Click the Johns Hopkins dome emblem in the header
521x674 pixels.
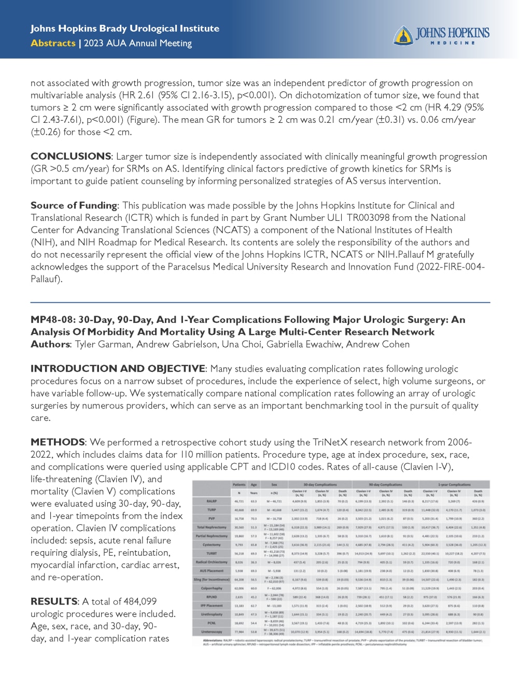click(403, 35)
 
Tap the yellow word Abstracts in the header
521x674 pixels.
click(53, 43)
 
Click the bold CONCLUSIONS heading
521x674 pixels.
click(71, 156)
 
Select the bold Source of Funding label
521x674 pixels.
click(74, 205)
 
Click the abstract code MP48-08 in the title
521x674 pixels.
click(52, 319)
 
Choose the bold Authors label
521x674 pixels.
click(50, 344)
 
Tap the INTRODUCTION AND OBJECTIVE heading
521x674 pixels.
click(118, 369)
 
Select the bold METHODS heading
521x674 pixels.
click(58, 442)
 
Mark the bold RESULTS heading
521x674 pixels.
click(54, 601)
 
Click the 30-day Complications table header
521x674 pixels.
click(320, 484)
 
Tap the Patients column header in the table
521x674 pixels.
click(239, 484)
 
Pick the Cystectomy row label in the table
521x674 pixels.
click(212, 544)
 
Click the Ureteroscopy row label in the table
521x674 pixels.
click(212, 632)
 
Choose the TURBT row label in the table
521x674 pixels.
click(212, 553)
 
